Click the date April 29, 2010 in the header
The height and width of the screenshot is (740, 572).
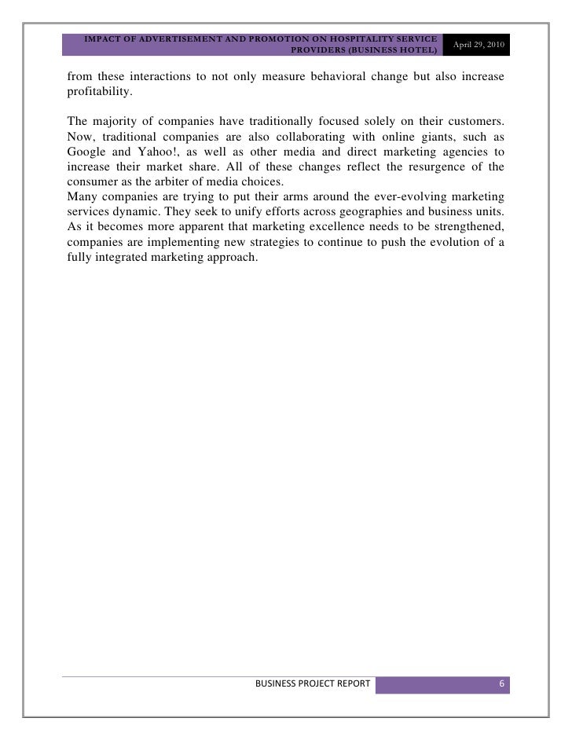pyautogui.click(x=476, y=46)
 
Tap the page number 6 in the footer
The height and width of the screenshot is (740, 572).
pyautogui.click(x=500, y=683)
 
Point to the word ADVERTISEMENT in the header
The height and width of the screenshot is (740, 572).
pyautogui.click(x=164, y=38)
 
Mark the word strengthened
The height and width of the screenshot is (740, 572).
pyautogui.click(x=460, y=225)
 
